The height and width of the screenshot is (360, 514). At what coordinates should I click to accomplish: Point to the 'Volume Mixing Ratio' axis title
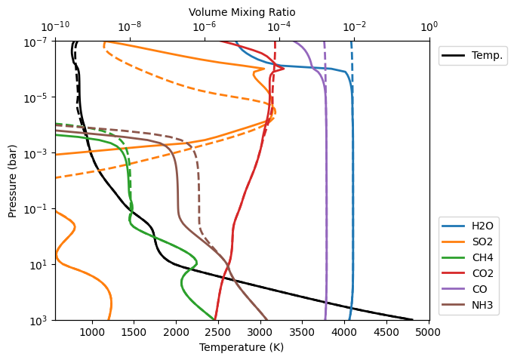pos(242,12)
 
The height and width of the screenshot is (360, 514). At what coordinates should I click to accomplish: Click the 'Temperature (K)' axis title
pos(242,347)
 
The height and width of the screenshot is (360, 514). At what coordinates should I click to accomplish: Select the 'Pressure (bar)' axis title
pos(13,180)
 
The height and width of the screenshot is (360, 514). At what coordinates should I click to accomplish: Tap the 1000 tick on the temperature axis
pos(92,331)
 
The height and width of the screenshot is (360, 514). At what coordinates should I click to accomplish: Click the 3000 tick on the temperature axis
pos(260,331)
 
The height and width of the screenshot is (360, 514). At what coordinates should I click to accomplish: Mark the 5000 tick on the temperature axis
pos(429,331)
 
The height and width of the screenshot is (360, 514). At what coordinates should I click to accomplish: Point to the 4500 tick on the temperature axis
pos(386,331)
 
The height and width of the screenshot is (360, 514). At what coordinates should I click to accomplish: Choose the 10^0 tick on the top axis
pos(429,28)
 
